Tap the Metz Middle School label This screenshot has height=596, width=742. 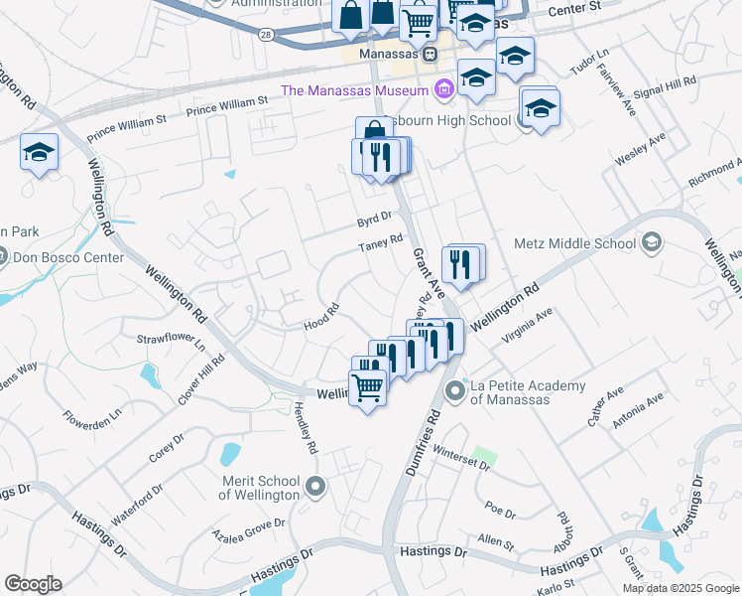574,242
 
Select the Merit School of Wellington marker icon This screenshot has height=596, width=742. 315,486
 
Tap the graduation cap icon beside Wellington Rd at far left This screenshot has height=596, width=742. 39,152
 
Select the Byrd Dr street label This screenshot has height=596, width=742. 375,217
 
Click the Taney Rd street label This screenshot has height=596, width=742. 380,242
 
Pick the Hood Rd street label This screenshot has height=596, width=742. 321,314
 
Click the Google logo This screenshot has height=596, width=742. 33,584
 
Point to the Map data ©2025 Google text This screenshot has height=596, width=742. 680,588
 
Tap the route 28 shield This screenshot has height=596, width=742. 267,34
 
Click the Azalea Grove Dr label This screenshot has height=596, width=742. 248,528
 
